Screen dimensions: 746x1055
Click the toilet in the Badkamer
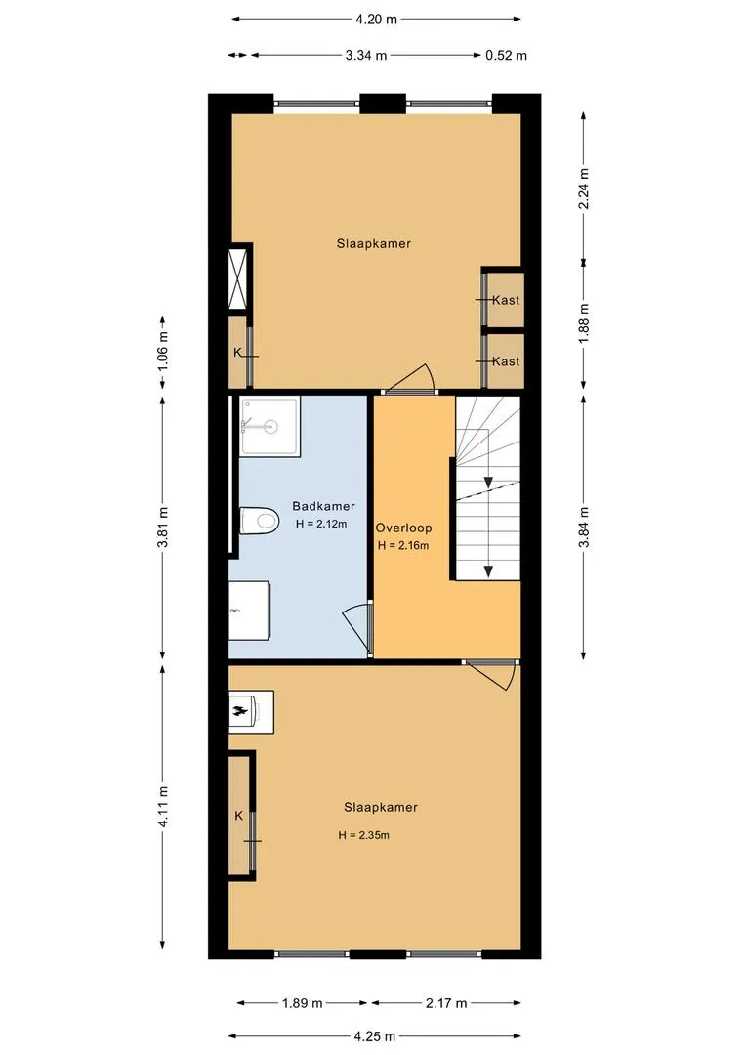[259, 520]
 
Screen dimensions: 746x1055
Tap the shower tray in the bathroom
[269, 427]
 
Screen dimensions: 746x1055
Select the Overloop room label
[403, 528]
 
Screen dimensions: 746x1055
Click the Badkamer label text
[323, 507]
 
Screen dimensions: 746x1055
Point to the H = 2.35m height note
[364, 835]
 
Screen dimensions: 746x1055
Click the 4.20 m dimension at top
[377, 19]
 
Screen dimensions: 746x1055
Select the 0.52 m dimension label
[507, 55]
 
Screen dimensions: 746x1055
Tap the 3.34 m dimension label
[366, 55]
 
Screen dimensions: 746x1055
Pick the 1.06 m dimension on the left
[163, 352]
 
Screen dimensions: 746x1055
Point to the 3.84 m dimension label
[584, 527]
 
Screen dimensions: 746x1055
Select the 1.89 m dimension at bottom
[302, 1004]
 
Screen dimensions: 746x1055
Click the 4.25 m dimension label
[374, 1036]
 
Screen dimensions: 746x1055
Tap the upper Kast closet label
[506, 300]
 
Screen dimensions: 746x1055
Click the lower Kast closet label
[506, 361]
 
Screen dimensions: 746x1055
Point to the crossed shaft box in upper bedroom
[238, 278]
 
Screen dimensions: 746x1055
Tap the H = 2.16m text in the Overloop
[403, 546]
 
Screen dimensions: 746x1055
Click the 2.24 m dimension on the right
[584, 189]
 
